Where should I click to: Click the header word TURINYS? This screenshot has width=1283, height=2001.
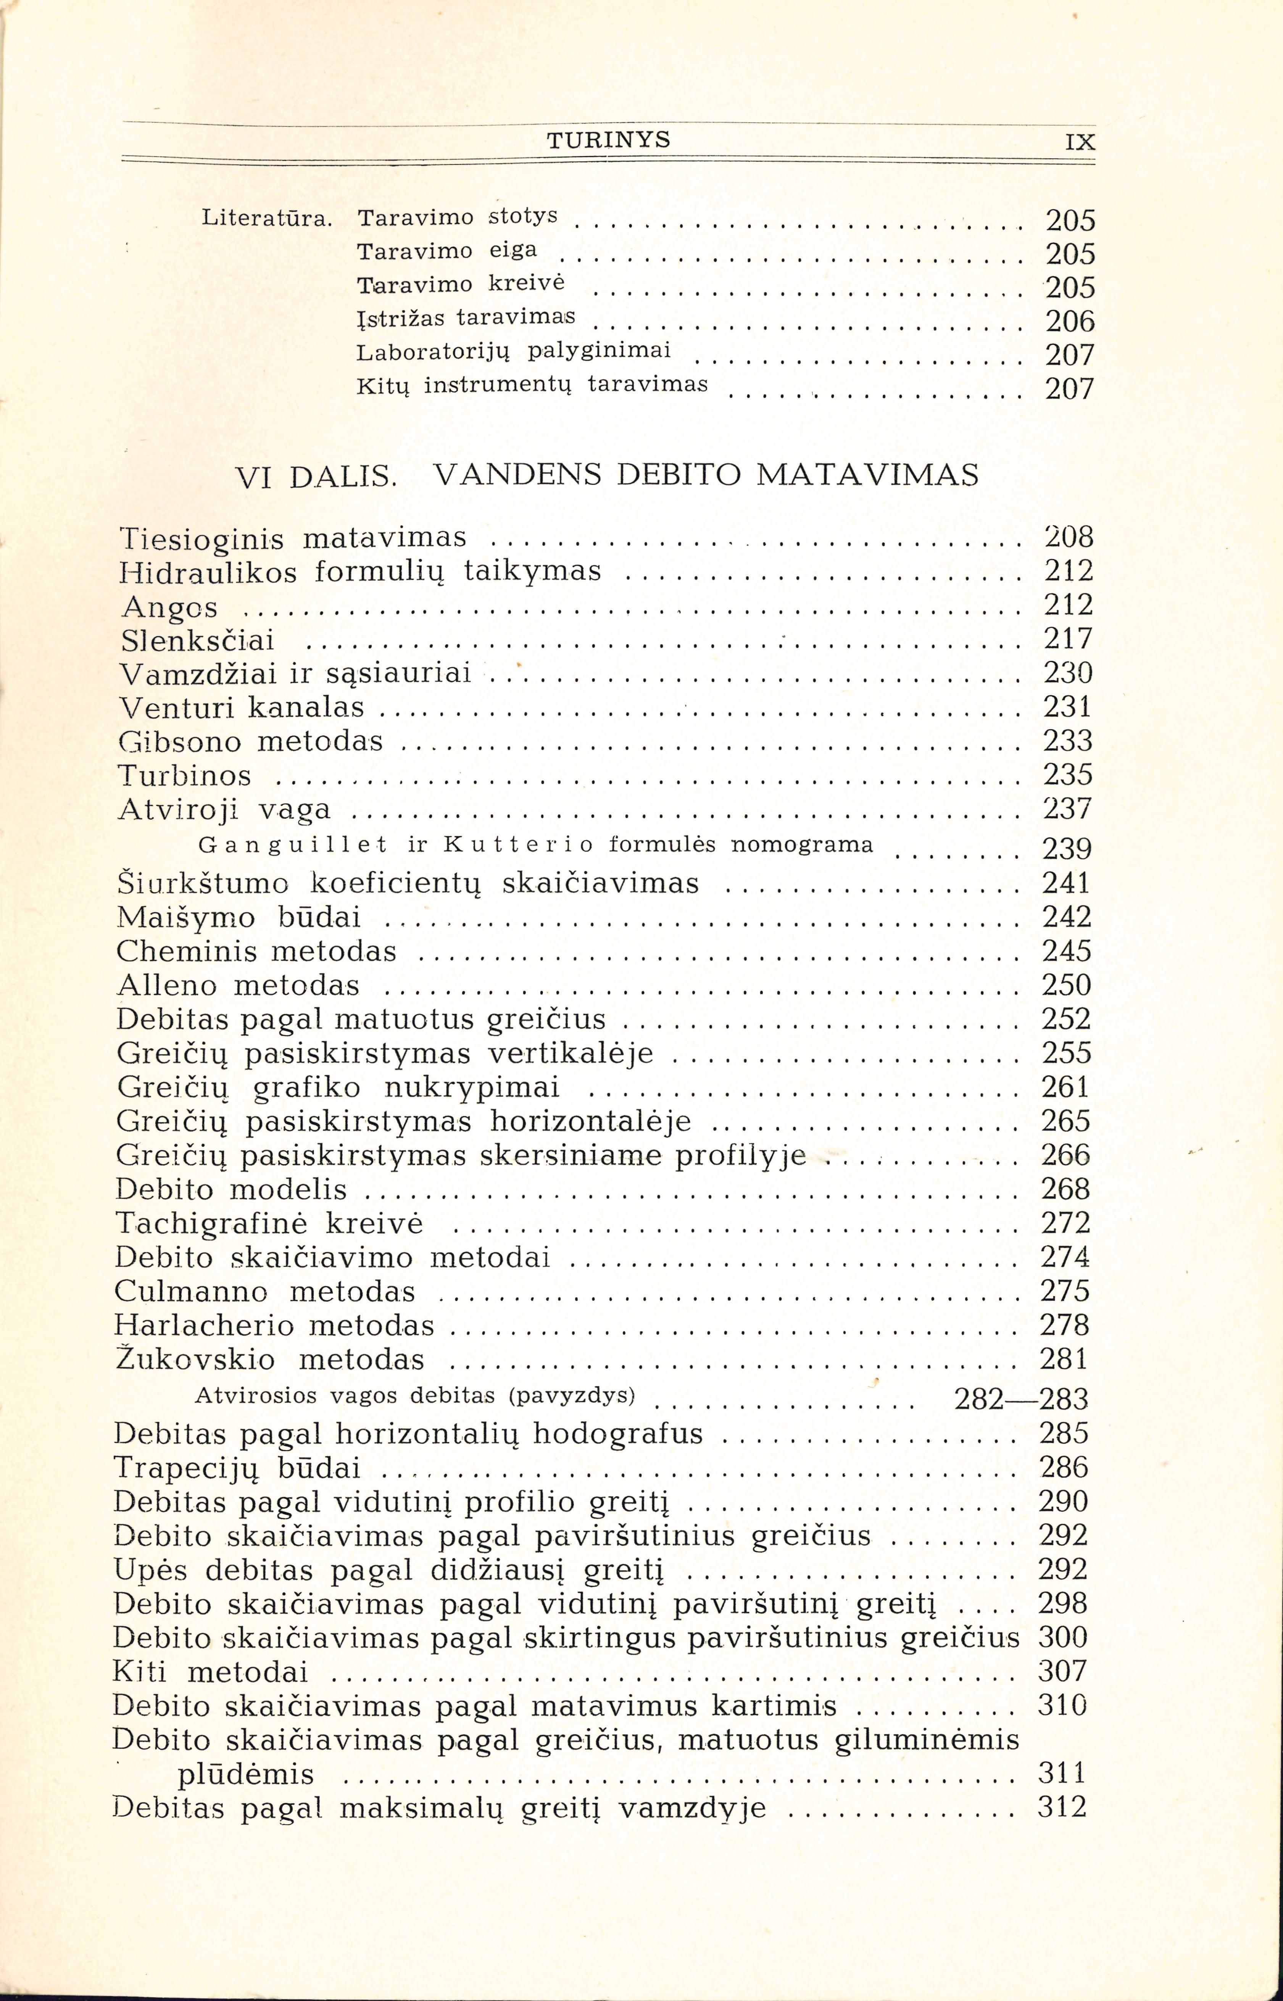pos(608,140)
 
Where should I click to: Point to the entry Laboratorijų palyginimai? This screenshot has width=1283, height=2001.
pos(513,351)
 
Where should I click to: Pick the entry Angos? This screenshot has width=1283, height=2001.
pos(169,607)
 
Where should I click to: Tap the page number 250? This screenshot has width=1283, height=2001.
pos(1066,986)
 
